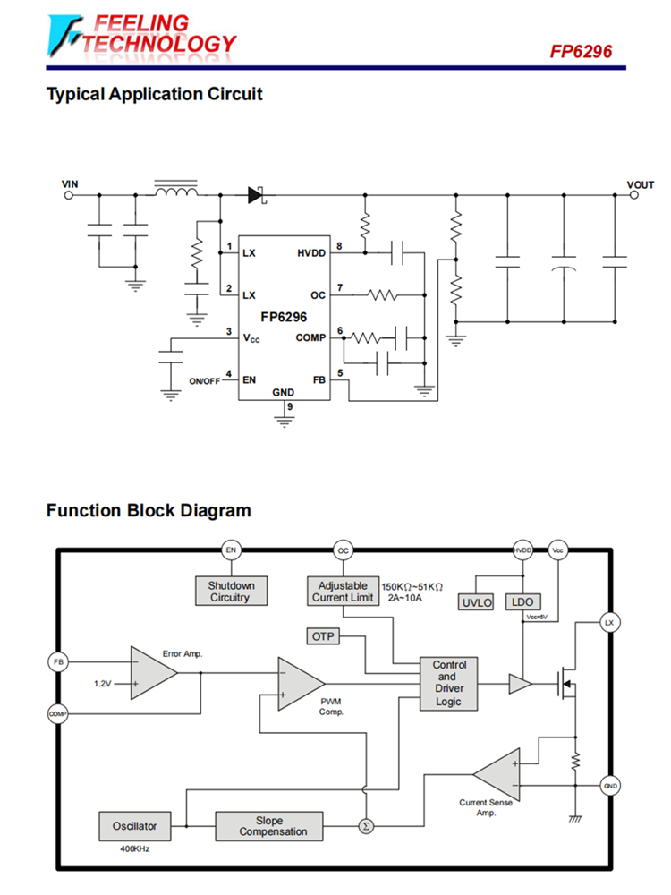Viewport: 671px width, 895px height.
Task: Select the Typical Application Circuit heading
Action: coord(154,94)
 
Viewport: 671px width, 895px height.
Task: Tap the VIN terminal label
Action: coord(70,184)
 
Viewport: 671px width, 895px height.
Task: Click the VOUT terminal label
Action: coord(640,184)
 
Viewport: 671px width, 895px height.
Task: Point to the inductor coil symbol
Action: coord(175,192)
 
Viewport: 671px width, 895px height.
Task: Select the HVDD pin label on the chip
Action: coord(311,253)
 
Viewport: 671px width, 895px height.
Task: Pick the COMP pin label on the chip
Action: coord(310,337)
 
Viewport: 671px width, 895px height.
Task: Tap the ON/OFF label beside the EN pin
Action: coord(204,381)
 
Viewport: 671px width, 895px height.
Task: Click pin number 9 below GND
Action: coord(289,405)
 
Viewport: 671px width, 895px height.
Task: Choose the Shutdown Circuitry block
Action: coord(231,591)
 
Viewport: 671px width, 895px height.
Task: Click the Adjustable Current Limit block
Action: coord(343,591)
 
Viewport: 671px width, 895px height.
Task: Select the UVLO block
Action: coord(477,602)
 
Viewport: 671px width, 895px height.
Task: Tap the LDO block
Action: coord(522,602)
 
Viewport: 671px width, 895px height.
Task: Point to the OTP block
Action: coord(321,636)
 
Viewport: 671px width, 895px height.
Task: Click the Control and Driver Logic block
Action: coord(449,684)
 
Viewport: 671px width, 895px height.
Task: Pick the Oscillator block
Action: coord(134,825)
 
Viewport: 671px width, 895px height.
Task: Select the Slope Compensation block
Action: coord(268,825)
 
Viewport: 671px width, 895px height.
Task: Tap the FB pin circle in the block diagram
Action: coord(58,661)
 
